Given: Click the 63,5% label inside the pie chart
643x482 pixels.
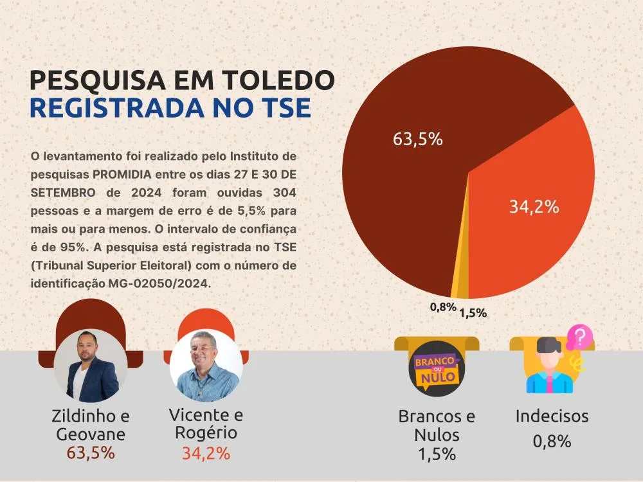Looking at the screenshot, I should point(417,139).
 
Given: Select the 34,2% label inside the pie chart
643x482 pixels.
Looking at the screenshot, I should point(534,207).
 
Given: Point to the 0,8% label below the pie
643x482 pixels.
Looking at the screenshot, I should point(442,307).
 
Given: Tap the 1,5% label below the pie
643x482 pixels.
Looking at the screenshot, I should point(473,313).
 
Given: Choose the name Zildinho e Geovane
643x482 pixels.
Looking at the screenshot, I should point(90,425).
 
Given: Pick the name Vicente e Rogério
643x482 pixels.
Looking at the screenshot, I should point(206,424).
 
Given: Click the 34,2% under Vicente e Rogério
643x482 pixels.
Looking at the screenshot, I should point(206,453).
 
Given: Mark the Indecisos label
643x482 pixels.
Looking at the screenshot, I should point(552,416).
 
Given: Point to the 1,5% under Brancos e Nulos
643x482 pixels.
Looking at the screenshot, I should point(437,454).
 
